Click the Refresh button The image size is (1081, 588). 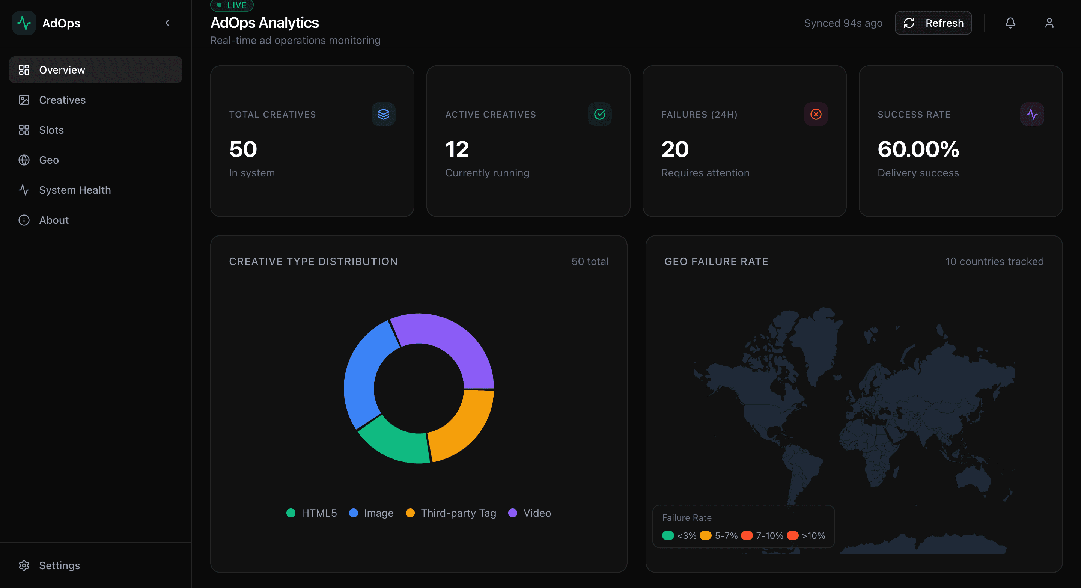pyautogui.click(x=933, y=23)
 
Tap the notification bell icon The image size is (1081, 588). pyautogui.click(x=1010, y=23)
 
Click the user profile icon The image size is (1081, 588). pyautogui.click(x=1049, y=23)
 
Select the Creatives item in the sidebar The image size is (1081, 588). pyautogui.click(x=62, y=100)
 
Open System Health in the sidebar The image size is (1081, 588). pyautogui.click(x=75, y=190)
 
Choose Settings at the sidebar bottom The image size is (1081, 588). pyautogui.click(x=59, y=565)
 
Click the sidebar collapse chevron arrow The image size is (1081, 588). pyautogui.click(x=167, y=23)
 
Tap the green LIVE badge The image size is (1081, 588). pyautogui.click(x=232, y=5)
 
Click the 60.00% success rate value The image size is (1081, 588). pyautogui.click(x=918, y=149)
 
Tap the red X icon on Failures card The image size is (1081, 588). pyautogui.click(x=815, y=114)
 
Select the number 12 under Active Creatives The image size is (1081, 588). pyautogui.click(x=456, y=149)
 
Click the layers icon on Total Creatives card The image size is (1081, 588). pyautogui.click(x=383, y=114)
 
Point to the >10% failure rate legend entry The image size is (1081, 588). pyautogui.click(x=806, y=535)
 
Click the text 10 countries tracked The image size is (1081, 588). pyautogui.click(x=994, y=261)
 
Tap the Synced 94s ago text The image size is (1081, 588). pyautogui.click(x=843, y=23)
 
